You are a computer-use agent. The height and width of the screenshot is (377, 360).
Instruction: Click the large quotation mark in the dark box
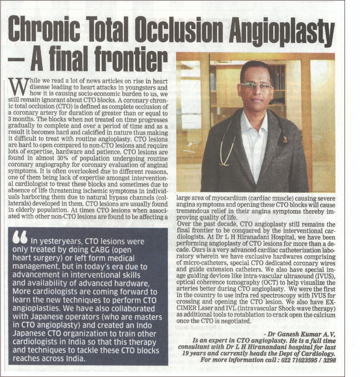pos(20,237)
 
